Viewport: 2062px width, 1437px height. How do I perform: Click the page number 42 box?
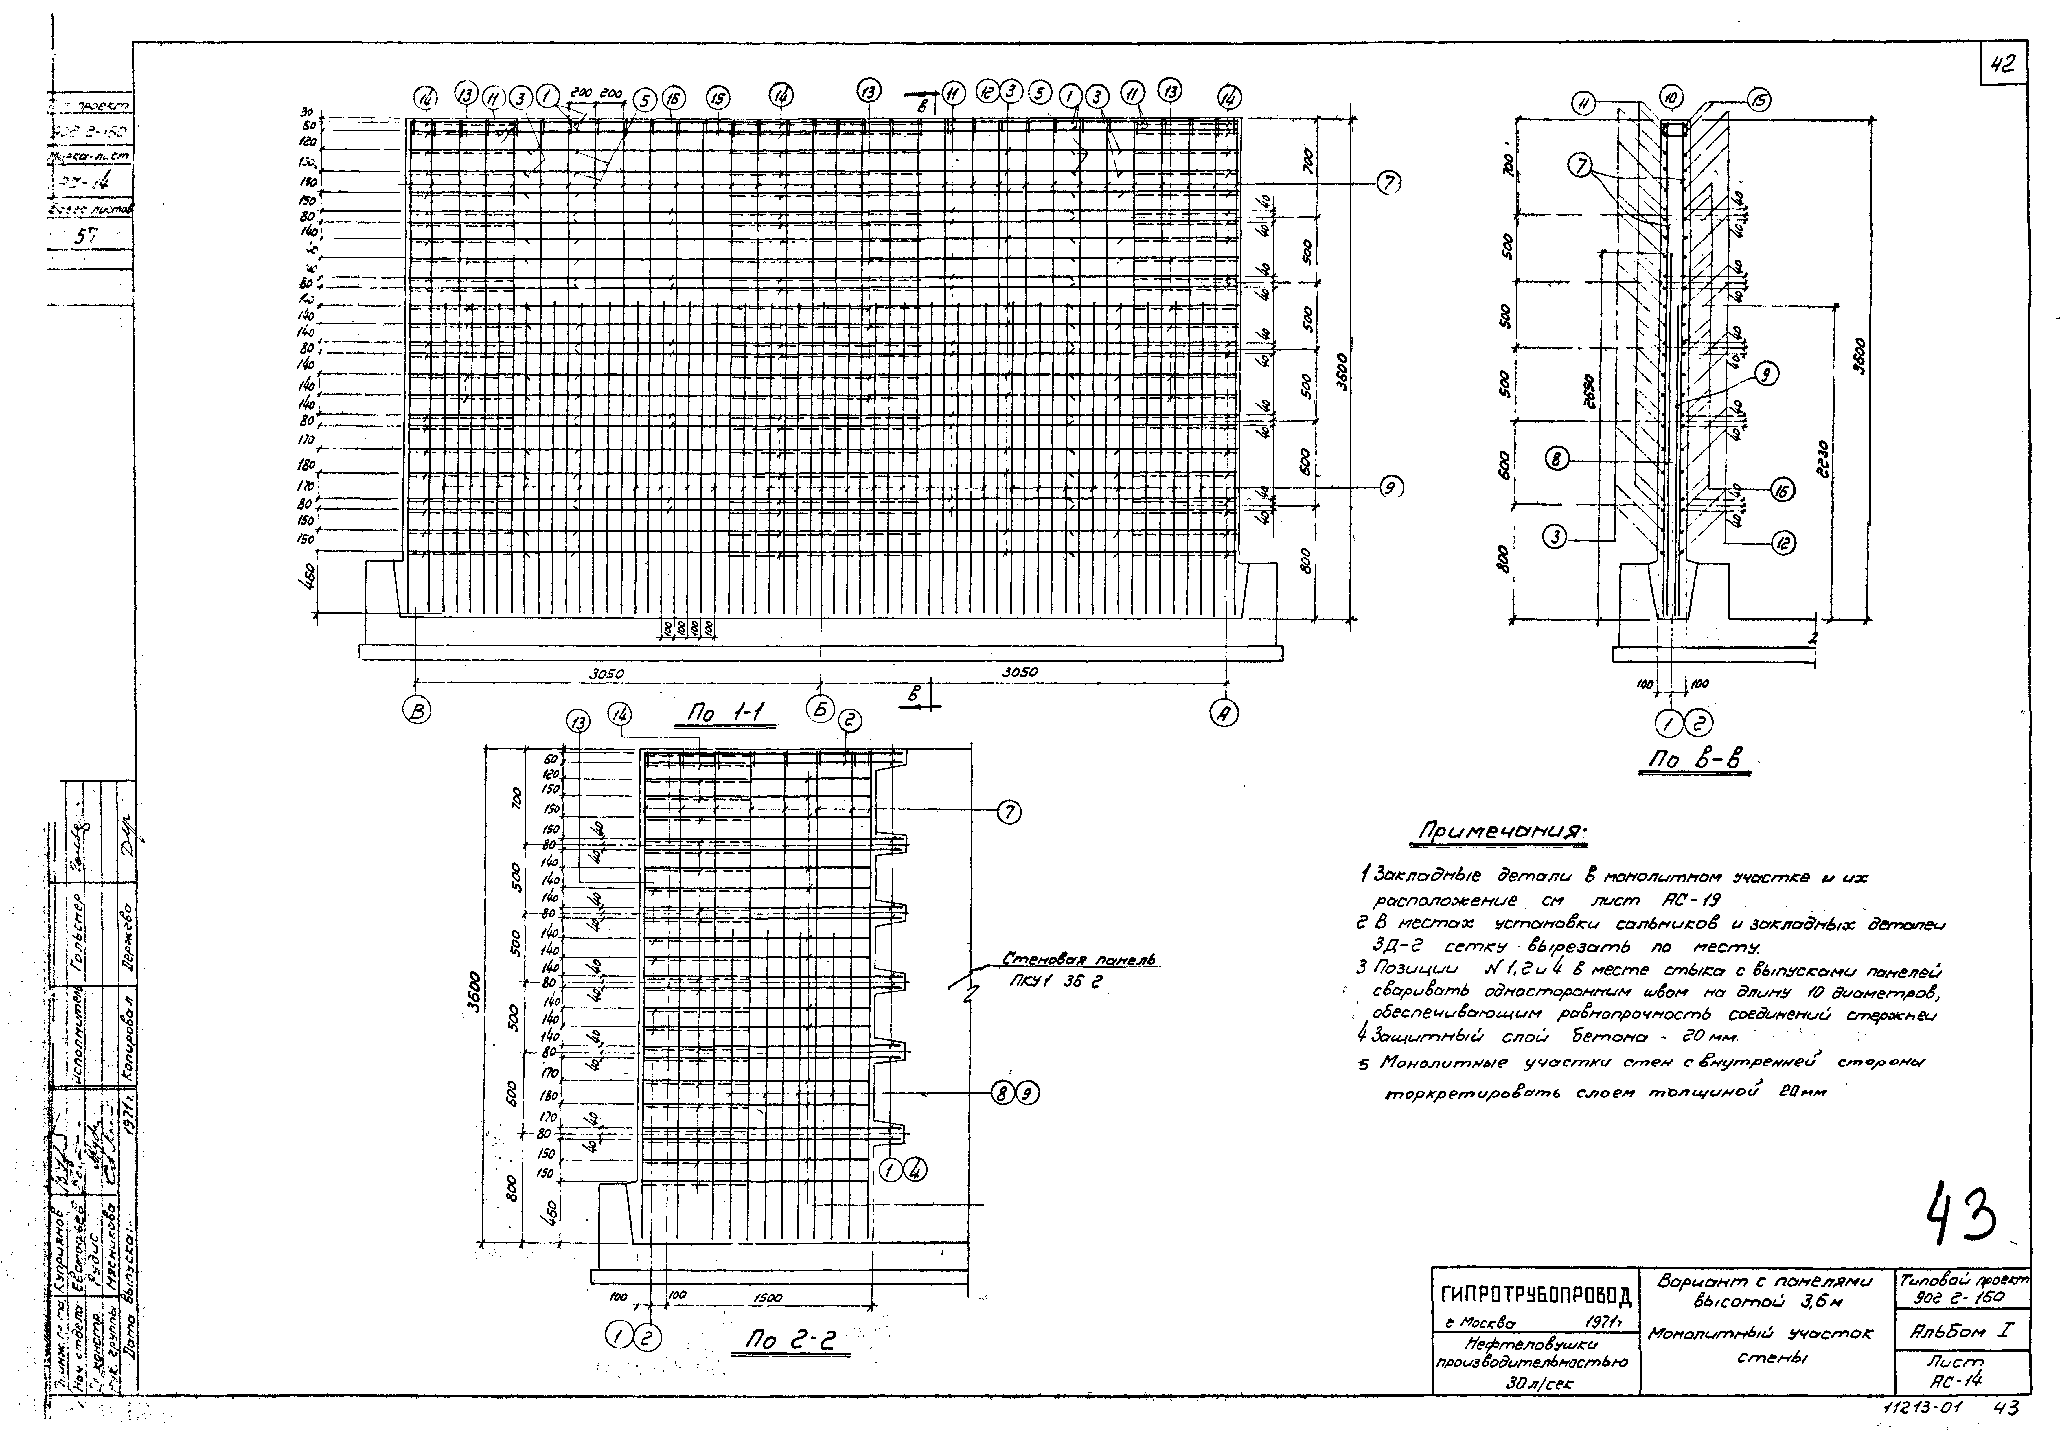coord(2002,65)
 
